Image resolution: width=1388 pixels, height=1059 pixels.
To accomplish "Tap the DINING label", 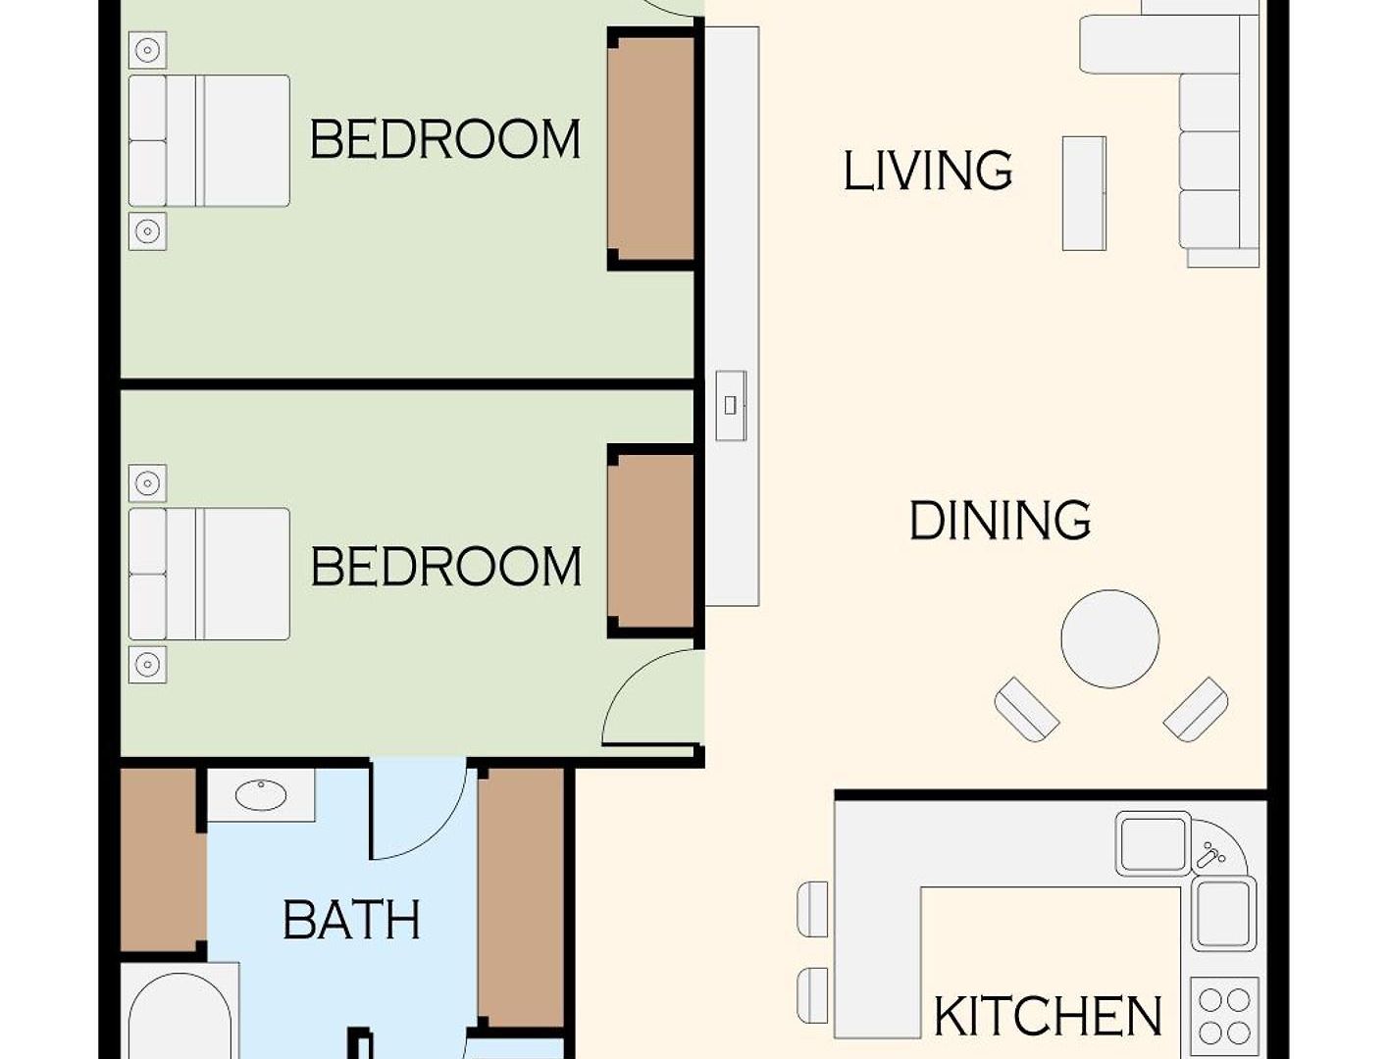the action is pyautogui.click(x=1000, y=520).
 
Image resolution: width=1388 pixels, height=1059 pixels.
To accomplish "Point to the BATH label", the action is pyautogui.click(x=351, y=921).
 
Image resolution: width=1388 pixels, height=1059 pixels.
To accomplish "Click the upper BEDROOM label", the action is pyautogui.click(x=445, y=139).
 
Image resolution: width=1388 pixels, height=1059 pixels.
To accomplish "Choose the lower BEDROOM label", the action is pyautogui.click(x=445, y=567).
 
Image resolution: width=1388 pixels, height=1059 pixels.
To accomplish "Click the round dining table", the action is pyautogui.click(x=1109, y=638).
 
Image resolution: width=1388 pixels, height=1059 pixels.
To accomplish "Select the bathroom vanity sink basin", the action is pyautogui.click(x=261, y=795).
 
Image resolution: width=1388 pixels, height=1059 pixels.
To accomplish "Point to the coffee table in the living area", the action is pyautogui.click(x=1084, y=193).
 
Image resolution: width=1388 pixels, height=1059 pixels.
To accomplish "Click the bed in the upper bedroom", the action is pyautogui.click(x=209, y=141).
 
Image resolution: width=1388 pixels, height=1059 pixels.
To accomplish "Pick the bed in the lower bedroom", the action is pyautogui.click(x=209, y=574).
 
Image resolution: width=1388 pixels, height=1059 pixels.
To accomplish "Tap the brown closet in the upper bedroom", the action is pyautogui.click(x=651, y=149).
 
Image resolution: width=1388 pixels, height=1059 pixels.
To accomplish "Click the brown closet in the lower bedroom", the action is pyautogui.click(x=651, y=541).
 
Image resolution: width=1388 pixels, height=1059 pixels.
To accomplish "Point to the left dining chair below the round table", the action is pyautogui.click(x=1026, y=710).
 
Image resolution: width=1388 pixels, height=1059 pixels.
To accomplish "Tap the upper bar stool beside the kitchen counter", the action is pyautogui.click(x=812, y=909).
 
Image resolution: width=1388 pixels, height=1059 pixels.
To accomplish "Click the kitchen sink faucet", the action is pyautogui.click(x=1210, y=855).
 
